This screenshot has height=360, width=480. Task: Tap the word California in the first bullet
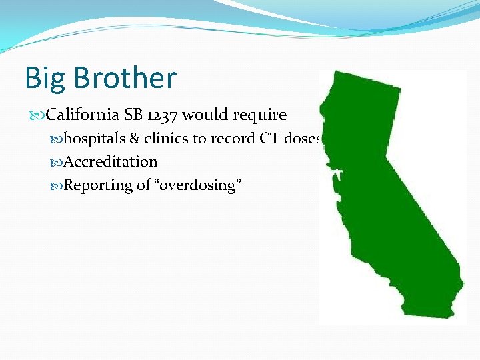[83, 115]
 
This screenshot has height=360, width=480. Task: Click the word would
[205, 115]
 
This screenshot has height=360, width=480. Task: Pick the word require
[260, 116]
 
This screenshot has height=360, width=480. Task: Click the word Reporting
[99, 185]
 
